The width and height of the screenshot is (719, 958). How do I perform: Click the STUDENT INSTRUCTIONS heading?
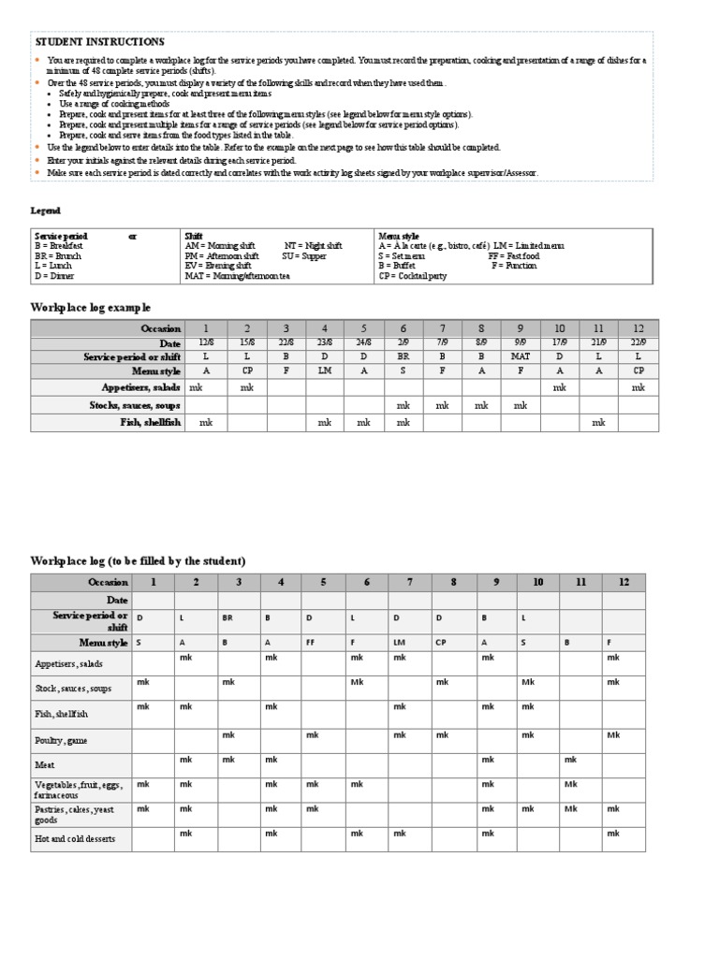99,42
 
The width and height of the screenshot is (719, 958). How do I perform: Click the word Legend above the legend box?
45,210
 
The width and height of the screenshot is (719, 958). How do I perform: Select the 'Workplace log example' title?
90,308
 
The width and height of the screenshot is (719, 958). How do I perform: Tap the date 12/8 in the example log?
207,343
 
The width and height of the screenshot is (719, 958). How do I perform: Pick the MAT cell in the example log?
520,357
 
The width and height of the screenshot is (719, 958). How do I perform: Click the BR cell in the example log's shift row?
403,357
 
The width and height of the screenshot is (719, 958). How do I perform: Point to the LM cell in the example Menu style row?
325,371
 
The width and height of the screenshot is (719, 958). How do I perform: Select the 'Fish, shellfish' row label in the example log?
150,423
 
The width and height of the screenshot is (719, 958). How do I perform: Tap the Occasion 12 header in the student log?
623,582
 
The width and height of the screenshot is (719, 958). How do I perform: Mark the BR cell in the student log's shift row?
227,618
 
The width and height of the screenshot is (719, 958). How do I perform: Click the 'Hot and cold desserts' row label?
75,839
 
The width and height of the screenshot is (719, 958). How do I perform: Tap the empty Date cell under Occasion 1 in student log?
153,600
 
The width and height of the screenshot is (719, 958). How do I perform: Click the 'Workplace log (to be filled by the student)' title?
138,560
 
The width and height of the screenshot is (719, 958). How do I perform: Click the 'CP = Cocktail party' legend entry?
413,277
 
